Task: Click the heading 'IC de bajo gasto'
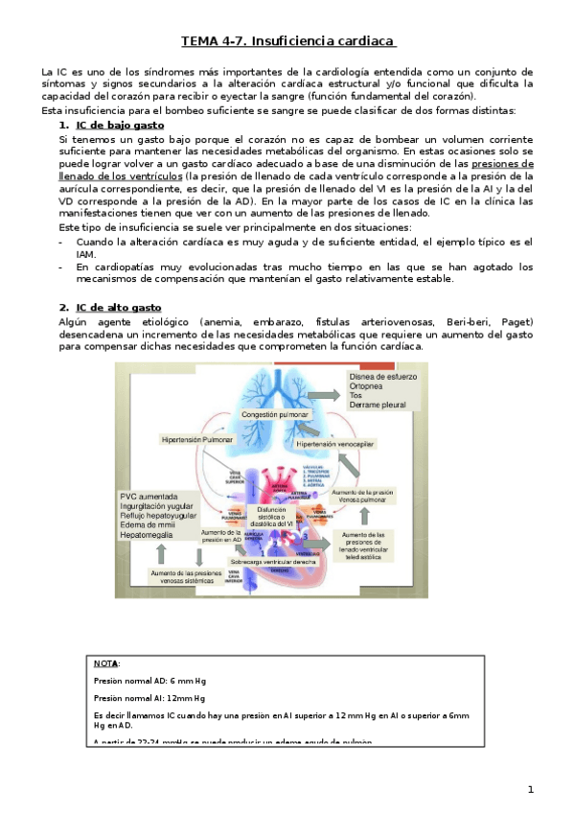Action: point(120,126)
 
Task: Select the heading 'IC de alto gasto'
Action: point(119,308)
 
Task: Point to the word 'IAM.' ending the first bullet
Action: point(87,255)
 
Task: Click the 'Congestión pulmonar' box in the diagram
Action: point(275,414)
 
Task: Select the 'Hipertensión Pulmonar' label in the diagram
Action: point(197,438)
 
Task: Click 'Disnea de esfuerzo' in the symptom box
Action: point(383,378)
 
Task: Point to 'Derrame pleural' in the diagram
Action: point(378,405)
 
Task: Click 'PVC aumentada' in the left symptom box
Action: point(149,497)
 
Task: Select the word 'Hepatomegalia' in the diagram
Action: point(149,535)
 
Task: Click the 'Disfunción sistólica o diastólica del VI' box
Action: point(272,517)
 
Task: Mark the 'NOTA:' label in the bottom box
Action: point(107,662)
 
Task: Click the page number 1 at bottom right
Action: point(529,789)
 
